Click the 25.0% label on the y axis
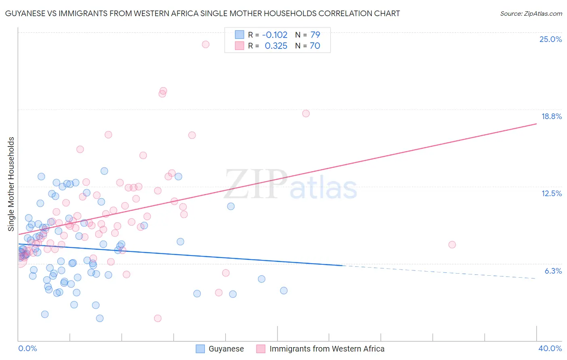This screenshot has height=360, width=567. pos(550,39)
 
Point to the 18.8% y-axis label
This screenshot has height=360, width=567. pos(551,116)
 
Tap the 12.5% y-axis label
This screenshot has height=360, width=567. pos(551,193)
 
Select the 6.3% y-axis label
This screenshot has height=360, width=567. pos(553,271)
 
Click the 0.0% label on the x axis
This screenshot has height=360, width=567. pos(27,348)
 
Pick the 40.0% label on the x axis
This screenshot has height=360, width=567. pos(550,348)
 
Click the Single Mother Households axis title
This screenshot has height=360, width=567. pos(11,184)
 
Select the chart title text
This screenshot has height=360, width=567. pos(202,13)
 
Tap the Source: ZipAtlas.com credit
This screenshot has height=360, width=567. pos(531,13)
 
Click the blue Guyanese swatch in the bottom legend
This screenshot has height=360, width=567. pos(200,349)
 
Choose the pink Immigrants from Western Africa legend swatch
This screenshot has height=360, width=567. pos(261,349)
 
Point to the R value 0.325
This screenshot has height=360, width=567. pos(276,46)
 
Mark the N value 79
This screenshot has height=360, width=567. pos(315,35)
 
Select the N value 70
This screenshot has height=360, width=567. pos(315,46)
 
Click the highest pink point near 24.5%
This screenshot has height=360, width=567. pos(206,44)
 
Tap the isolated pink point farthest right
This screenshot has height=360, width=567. pos(452,245)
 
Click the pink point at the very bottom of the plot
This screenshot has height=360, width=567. pos(158,318)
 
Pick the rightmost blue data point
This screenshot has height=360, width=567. pos(284,291)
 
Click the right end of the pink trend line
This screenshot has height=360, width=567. pos(536,123)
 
